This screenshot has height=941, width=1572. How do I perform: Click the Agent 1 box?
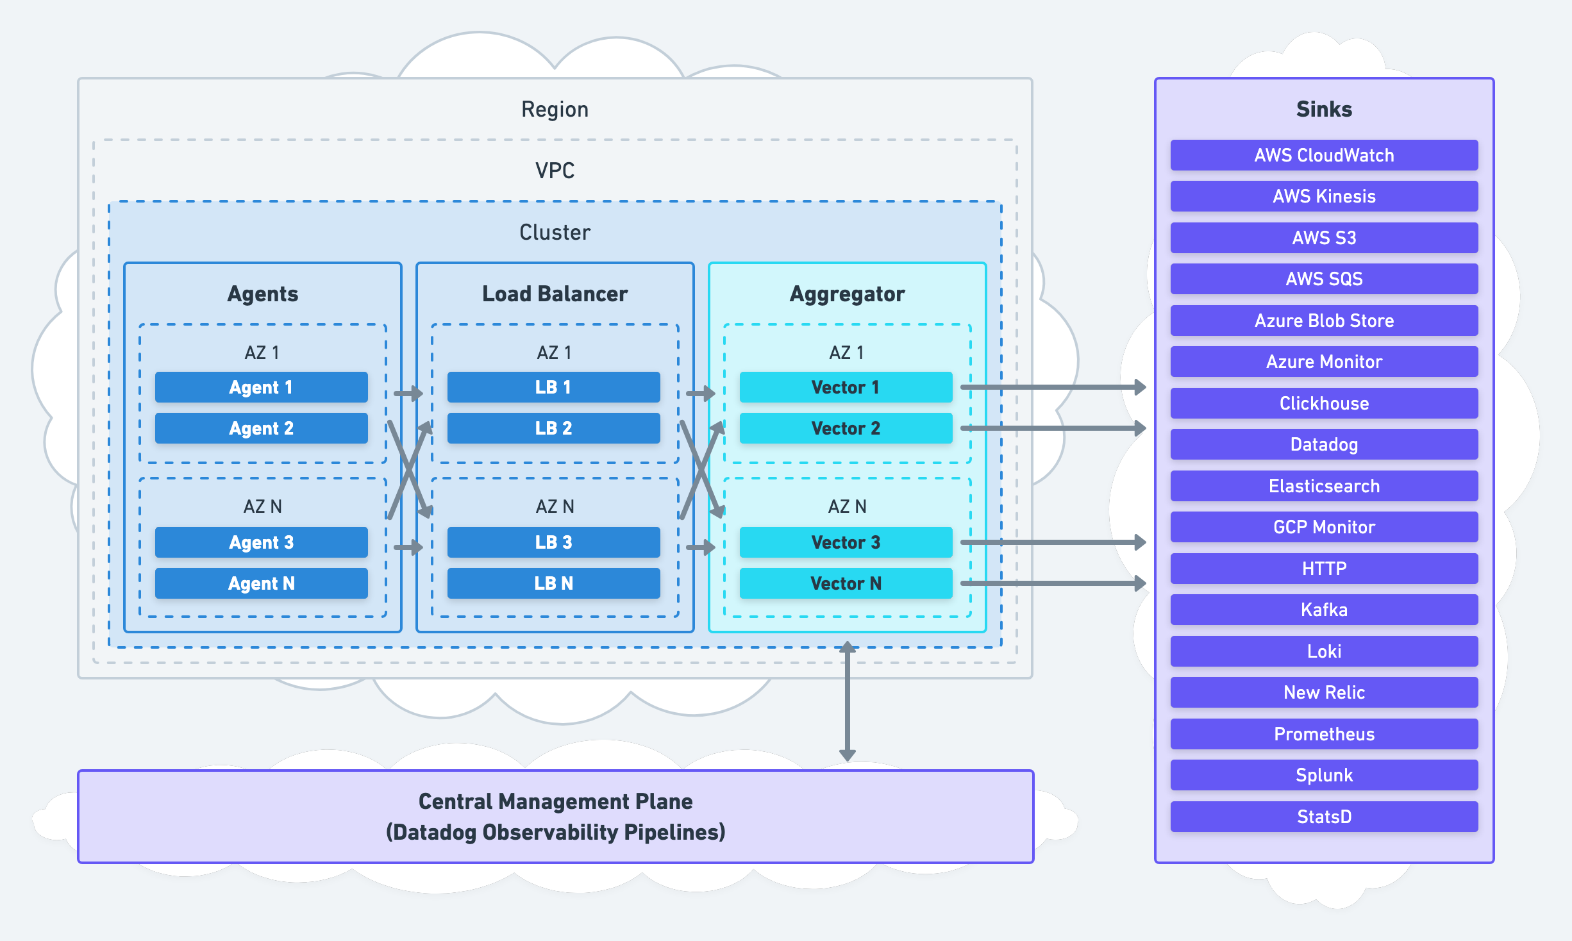(261, 387)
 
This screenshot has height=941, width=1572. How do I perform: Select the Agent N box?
(261, 583)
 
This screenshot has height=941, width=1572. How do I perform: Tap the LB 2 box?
(553, 428)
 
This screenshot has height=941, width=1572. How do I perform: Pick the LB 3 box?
(553, 542)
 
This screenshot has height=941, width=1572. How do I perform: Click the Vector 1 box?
(846, 387)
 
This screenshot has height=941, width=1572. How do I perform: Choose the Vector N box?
(846, 583)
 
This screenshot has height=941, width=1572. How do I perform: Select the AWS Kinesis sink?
(1324, 196)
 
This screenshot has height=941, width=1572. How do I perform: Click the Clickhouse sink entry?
(1324, 403)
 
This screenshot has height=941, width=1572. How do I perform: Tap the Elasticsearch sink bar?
(1324, 486)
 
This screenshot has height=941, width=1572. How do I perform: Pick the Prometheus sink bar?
(1324, 734)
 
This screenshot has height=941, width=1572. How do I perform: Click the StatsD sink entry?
(1324, 817)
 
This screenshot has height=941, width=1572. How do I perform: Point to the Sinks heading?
(1324, 109)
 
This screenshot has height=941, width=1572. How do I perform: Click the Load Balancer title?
(555, 294)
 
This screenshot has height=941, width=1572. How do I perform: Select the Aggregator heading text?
(847, 294)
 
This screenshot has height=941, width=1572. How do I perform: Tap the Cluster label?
(555, 232)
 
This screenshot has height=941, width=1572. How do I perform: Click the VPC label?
(555, 171)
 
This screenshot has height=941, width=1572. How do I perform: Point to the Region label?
(555, 109)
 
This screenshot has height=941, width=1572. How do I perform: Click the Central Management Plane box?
(555, 817)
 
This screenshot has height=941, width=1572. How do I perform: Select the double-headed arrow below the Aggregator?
(848, 702)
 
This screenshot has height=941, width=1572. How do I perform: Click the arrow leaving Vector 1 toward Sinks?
(1051, 387)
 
